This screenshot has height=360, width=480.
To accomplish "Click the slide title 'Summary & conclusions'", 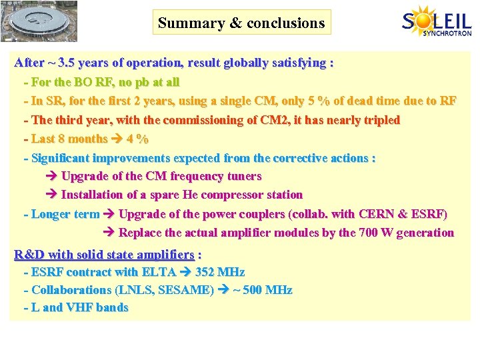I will coord(241,23).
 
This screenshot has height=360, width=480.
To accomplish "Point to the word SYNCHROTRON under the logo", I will coord(447,33).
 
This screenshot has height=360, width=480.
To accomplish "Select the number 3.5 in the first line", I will coord(67,63).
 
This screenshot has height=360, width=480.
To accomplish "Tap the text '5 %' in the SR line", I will coord(315,101).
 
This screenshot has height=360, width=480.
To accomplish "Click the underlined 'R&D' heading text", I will coord(30,254).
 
